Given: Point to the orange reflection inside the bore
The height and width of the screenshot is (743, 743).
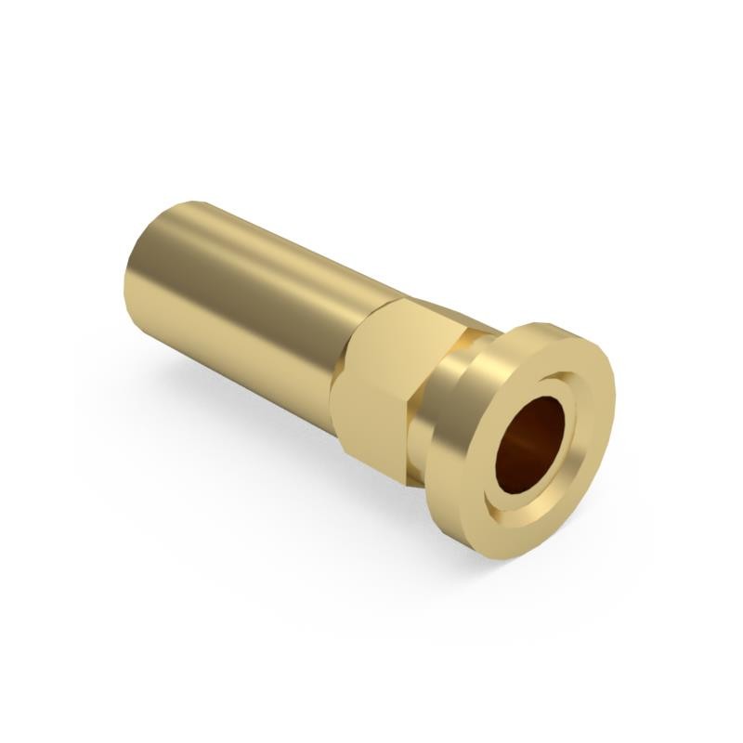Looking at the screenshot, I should click(x=520, y=455).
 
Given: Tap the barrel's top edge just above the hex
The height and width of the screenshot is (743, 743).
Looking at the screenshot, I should click(x=371, y=279).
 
